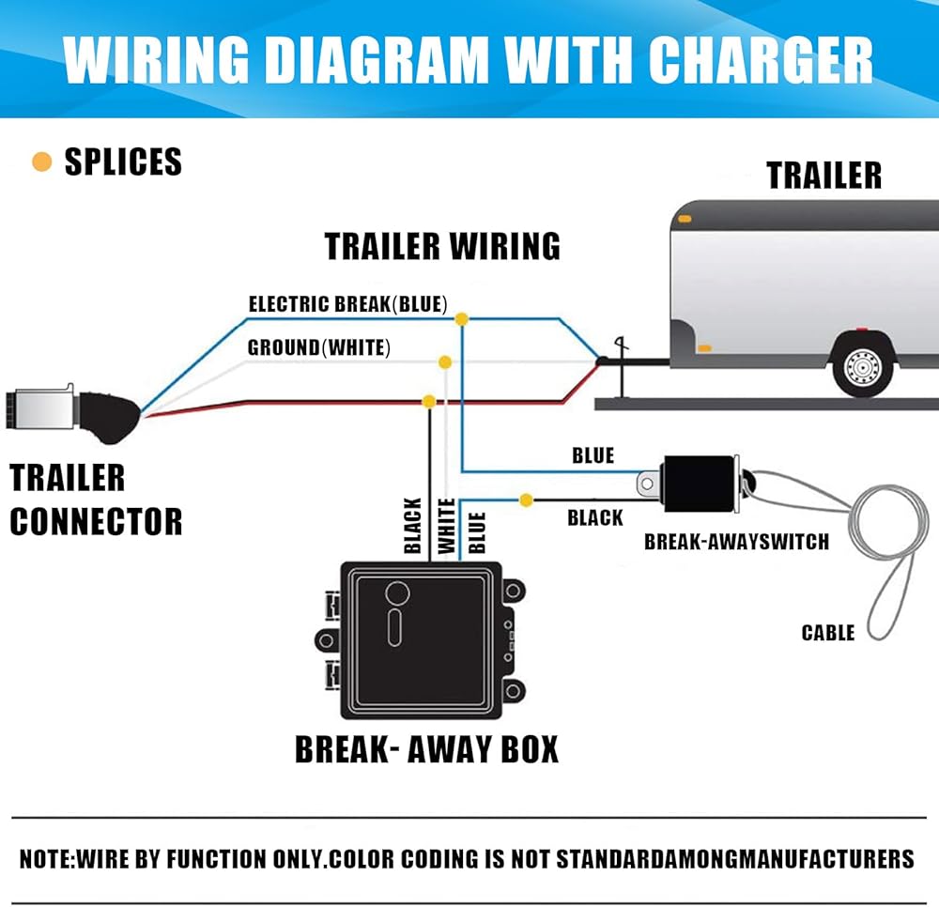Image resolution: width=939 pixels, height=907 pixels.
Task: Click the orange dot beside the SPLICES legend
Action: click(41, 162)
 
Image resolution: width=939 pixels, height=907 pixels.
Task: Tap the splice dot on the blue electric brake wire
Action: click(461, 320)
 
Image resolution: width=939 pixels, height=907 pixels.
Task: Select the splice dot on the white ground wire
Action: click(445, 361)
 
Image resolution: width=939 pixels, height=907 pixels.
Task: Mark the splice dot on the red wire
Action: click(429, 401)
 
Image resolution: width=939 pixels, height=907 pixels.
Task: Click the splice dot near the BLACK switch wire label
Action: click(526, 500)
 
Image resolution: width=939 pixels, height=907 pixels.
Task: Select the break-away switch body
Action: click(700, 484)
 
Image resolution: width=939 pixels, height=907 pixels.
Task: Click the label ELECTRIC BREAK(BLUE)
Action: click(347, 304)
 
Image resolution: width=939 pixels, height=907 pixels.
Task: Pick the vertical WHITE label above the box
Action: click(448, 526)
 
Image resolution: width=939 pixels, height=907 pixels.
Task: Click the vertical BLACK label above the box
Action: click(412, 526)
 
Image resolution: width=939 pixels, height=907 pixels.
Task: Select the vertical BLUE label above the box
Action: click(477, 531)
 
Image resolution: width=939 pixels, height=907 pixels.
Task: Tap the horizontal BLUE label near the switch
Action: click(593, 456)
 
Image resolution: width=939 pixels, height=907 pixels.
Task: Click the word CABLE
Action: click(828, 633)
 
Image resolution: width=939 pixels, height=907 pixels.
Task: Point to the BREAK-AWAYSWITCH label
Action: click(736, 542)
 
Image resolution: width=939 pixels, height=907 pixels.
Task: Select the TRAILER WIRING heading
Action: click(442, 246)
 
